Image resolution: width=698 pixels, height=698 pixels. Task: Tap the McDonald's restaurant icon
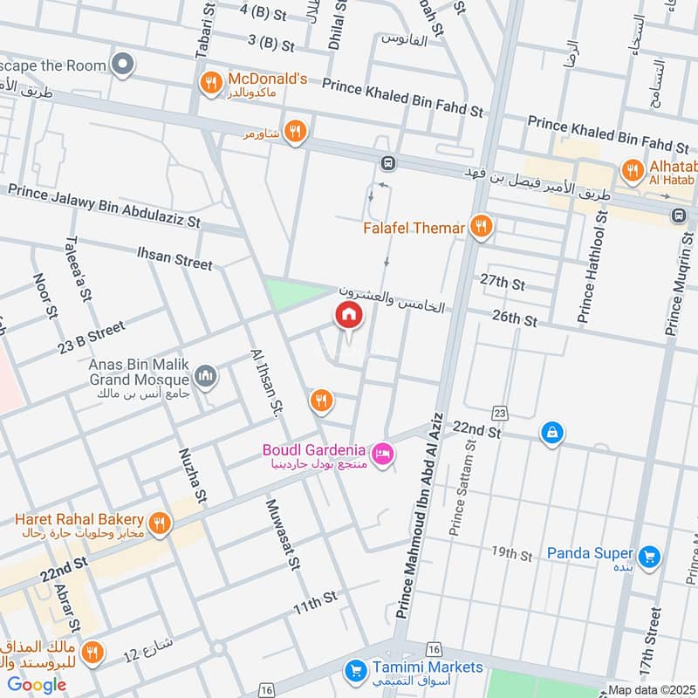tap(209, 84)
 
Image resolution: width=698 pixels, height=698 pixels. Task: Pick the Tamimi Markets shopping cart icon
tap(354, 671)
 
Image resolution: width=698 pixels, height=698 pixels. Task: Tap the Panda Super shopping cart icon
tap(648, 556)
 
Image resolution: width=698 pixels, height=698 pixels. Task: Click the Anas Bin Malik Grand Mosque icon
tap(207, 376)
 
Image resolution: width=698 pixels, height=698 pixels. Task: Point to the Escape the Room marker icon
tap(124, 64)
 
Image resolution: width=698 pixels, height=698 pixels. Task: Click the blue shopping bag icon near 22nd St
tap(551, 432)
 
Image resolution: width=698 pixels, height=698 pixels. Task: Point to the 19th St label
tap(511, 553)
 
